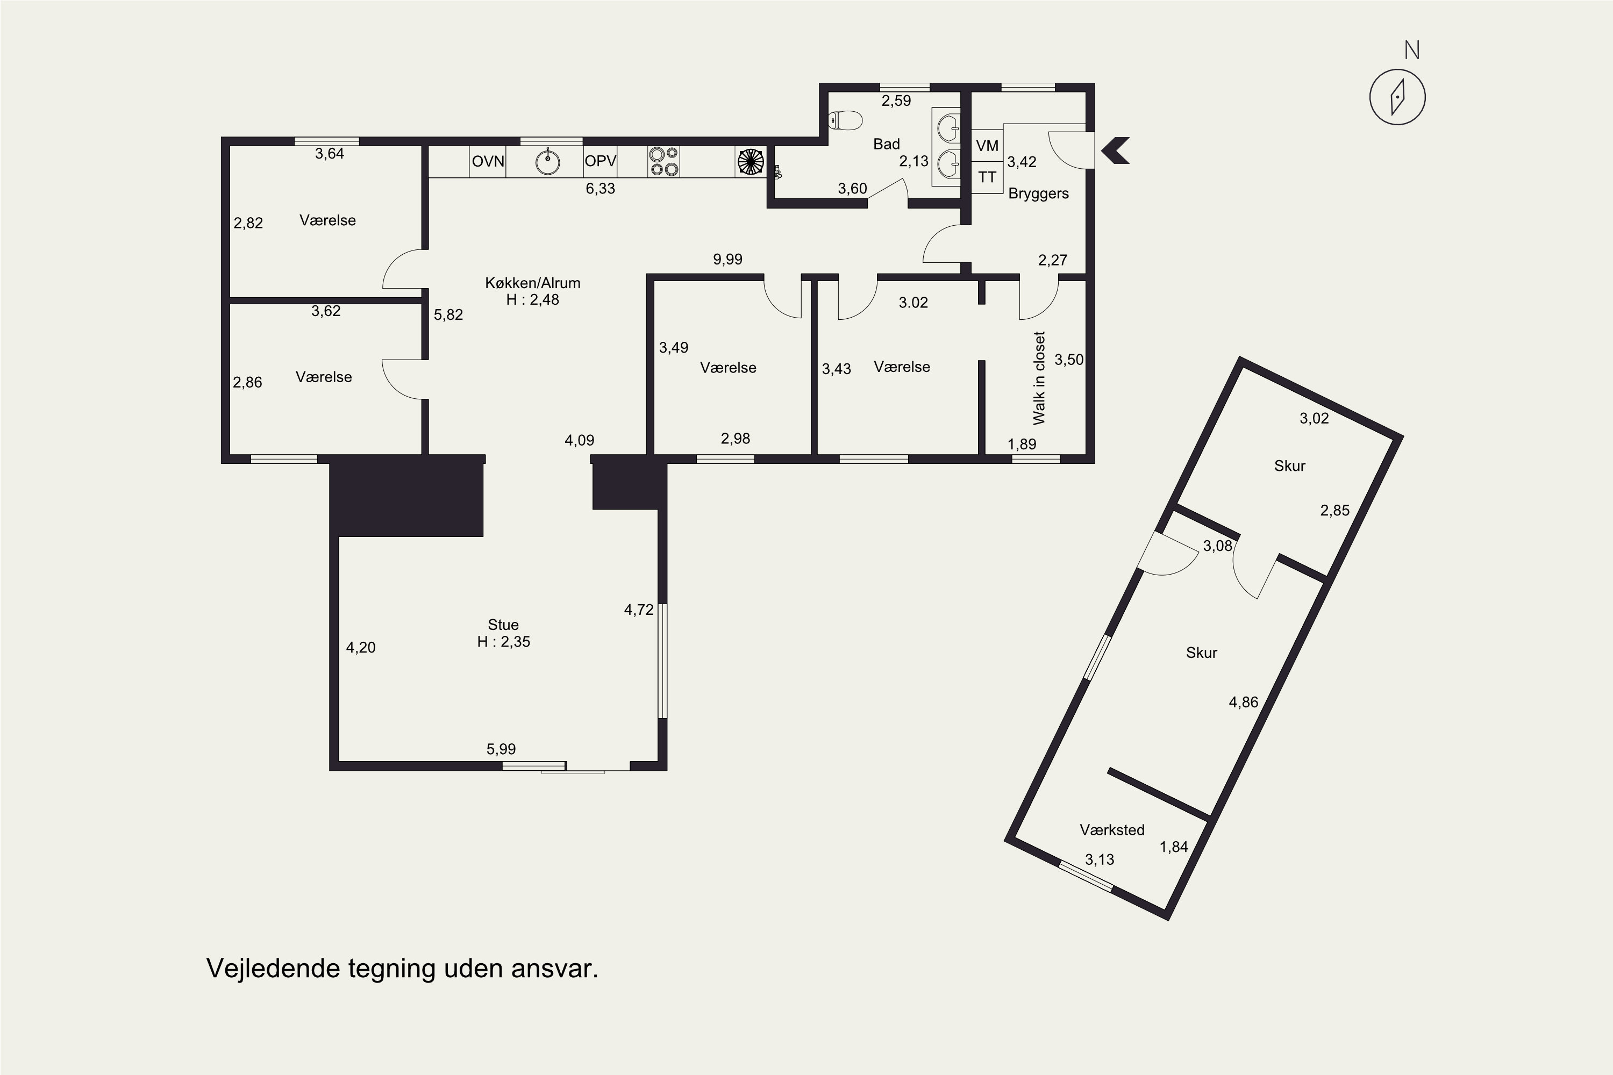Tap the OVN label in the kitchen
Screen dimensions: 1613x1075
(488, 162)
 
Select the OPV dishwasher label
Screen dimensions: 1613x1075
(600, 161)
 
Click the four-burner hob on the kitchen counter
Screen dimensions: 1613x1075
(663, 162)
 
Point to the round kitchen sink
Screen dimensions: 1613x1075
(547, 162)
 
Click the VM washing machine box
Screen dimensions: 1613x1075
(987, 145)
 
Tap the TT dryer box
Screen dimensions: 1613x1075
(987, 177)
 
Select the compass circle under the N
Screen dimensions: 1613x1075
(1397, 97)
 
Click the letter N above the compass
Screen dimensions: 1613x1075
(1411, 50)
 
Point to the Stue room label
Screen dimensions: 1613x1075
(503, 625)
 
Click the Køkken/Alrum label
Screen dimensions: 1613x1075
(532, 283)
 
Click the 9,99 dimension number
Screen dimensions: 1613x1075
(727, 259)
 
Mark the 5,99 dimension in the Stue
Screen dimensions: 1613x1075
(501, 749)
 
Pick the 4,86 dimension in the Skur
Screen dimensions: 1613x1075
(1243, 702)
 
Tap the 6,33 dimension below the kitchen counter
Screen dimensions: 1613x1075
(600, 189)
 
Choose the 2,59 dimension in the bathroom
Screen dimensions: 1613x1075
(896, 101)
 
